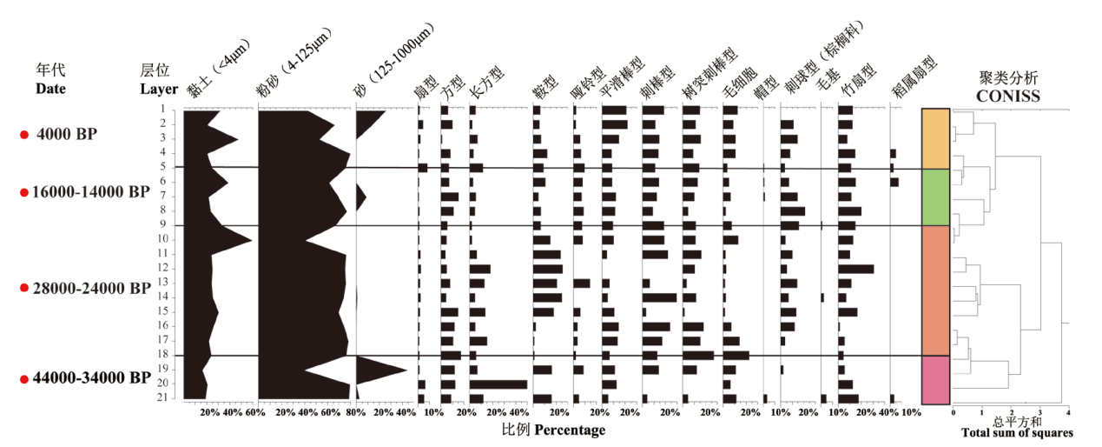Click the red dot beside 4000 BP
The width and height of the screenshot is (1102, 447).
(x=24, y=134)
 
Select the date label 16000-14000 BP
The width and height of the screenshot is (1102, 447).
(x=83, y=191)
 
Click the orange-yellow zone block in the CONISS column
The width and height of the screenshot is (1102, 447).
(x=935, y=138)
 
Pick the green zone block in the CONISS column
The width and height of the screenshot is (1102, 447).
(x=935, y=197)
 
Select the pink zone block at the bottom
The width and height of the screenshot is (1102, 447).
(x=935, y=379)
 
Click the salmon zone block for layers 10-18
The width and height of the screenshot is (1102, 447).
(x=935, y=290)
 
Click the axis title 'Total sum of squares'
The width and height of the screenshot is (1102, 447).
(x=1016, y=432)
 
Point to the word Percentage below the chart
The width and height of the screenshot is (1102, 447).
(x=569, y=430)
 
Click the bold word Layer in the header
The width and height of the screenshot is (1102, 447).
(x=159, y=89)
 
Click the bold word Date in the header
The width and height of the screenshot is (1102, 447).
(x=50, y=89)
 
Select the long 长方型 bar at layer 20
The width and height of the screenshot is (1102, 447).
(x=498, y=384)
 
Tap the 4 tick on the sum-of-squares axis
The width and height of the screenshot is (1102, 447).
(x=1067, y=412)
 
